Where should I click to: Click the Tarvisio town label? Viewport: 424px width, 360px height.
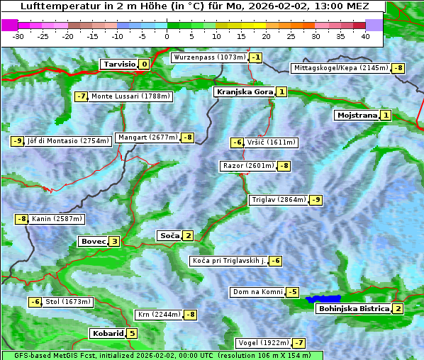pos(118,64)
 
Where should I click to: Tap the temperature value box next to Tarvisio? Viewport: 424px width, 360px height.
pos(144,64)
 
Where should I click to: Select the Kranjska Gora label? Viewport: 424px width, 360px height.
pos(244,92)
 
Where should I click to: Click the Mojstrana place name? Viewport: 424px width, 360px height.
pos(357,116)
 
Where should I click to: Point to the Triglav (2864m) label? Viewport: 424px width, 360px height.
pos(279,200)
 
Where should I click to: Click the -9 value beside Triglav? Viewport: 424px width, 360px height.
pos(316,200)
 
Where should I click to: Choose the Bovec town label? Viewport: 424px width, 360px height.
pos(93,242)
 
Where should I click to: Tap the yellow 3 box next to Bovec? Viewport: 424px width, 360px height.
pos(115,242)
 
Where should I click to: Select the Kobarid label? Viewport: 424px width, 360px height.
pos(107,334)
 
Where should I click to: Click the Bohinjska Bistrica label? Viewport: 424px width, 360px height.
pos(353,309)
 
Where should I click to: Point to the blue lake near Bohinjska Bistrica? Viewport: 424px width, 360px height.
pos(323,299)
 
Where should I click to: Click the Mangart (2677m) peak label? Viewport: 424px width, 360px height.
pos(147,137)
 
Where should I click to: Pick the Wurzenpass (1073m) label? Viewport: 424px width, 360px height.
pos(210,57)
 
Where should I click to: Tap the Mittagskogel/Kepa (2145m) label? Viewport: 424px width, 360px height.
pos(340,68)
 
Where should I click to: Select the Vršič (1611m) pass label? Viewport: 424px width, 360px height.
pos(272,142)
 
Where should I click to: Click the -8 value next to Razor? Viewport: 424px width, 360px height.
pos(284,166)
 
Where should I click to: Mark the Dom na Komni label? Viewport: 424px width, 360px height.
pos(257,292)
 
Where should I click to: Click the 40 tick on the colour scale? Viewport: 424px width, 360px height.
pos(365,36)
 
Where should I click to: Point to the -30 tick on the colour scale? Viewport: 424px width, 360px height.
pos(18,36)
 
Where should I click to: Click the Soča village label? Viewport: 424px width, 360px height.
pos(169,235)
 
